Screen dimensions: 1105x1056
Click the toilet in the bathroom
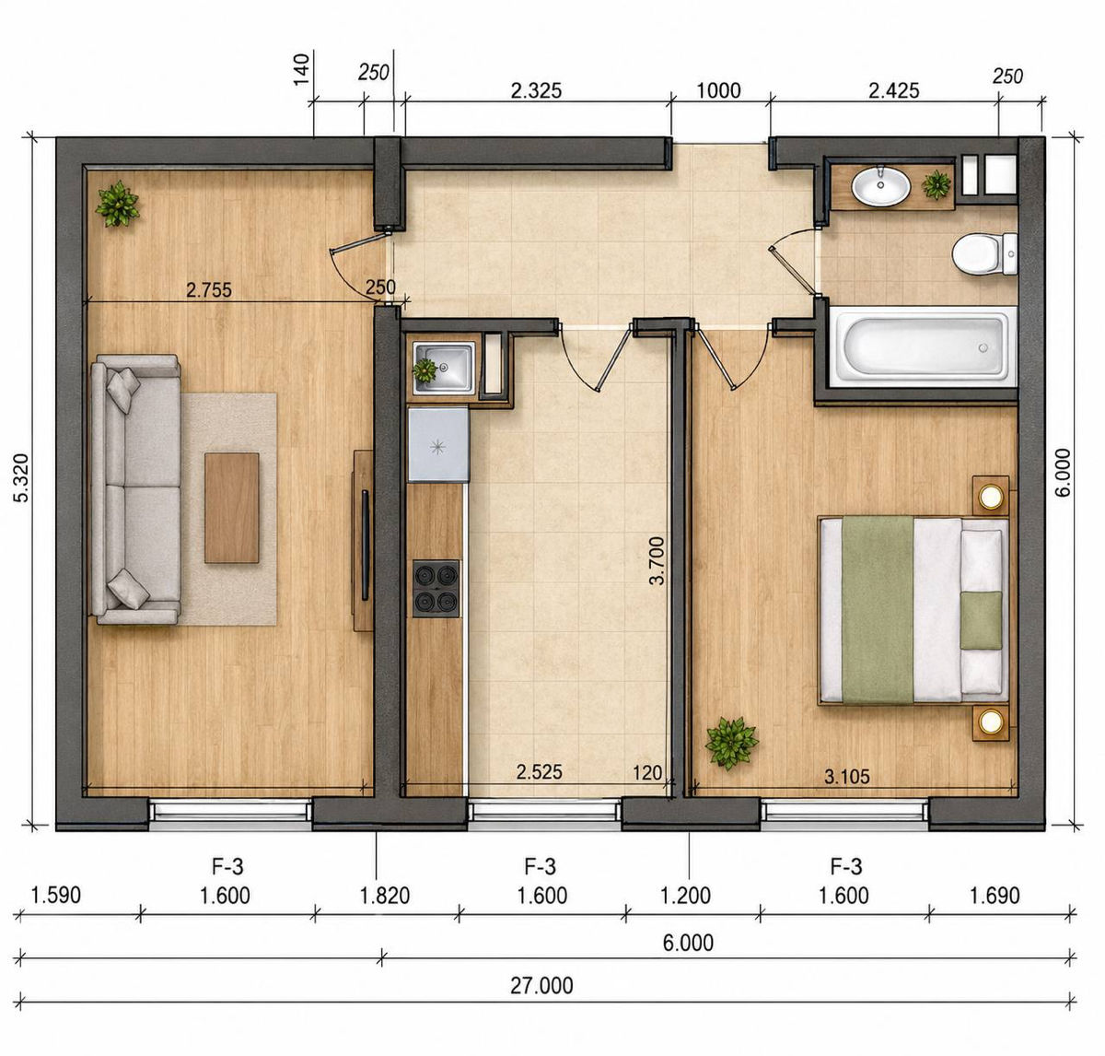(984, 253)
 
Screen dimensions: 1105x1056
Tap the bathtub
(922, 346)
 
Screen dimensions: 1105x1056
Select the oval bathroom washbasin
(880, 185)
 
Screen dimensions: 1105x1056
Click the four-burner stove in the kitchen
(436, 589)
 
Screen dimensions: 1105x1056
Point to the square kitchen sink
(444, 369)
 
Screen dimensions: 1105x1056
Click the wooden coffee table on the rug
(232, 508)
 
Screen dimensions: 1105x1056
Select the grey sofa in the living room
(136, 489)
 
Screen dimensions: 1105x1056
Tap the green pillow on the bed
(982, 620)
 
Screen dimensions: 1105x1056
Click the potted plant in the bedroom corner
(731, 743)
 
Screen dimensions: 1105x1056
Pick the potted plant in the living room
(118, 204)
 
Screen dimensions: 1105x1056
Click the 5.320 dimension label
(21, 478)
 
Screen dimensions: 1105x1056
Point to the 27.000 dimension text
(541, 986)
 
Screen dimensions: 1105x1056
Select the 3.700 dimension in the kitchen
(657, 560)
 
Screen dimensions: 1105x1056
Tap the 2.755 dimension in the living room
(209, 290)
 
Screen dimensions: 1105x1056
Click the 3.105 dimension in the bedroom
(846, 777)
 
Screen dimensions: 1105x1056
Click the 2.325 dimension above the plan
(536, 90)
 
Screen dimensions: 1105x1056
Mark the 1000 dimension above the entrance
(718, 90)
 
